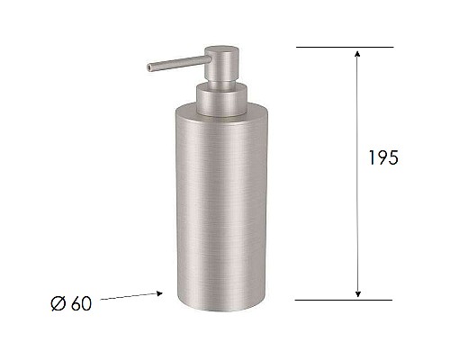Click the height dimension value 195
click(x=382, y=157)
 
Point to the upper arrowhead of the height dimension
click(x=358, y=53)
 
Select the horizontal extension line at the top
click(x=345, y=47)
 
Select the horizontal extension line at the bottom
click(x=345, y=299)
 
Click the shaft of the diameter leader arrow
click(x=126, y=297)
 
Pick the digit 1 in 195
click(x=372, y=157)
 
